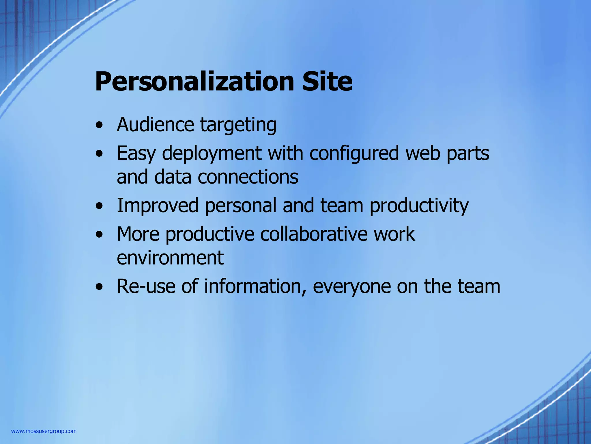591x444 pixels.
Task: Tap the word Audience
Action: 155,125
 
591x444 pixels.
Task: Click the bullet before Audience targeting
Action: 100,126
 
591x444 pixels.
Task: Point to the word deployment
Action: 212,153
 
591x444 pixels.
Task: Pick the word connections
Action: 248,177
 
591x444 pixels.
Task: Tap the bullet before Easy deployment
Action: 100,154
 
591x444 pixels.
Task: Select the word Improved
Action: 158,206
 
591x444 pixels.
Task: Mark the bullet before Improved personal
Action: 100,206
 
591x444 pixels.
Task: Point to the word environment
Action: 170,258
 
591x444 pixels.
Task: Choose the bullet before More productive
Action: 100,235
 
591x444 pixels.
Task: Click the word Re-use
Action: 146,286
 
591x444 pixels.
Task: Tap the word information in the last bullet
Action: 255,286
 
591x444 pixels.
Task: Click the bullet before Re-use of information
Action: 100,287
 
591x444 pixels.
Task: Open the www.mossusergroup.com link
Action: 44,431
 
